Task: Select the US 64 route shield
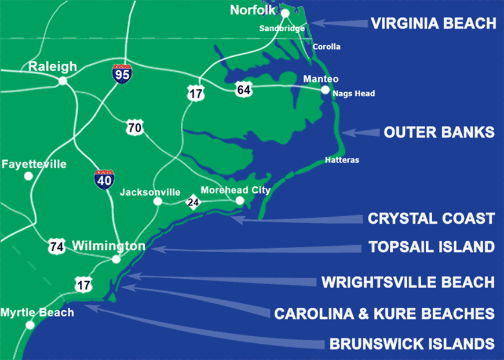243,89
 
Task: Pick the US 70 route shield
135,128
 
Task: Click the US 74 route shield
56,246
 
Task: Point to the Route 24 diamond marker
193,202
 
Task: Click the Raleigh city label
52,67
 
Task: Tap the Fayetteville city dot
28,176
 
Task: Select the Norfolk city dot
285,13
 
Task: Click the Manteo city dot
325,90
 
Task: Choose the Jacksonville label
150,192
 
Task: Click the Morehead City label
235,190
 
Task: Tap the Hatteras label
342,159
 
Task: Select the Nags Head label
353,93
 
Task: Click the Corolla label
327,47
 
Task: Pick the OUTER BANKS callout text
439,132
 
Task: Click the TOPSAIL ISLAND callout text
432,248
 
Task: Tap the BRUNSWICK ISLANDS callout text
412,343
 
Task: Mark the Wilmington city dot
116,259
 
